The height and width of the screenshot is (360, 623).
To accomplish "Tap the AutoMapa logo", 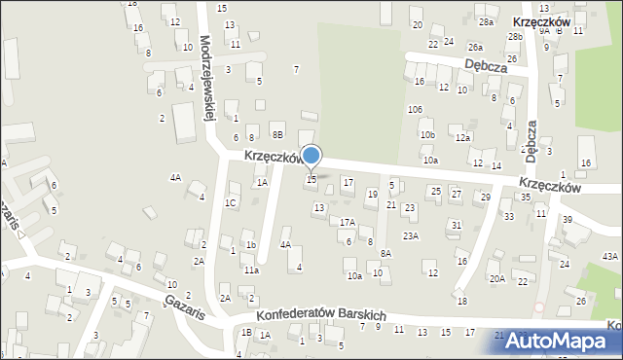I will pyautogui.click(x=562, y=342).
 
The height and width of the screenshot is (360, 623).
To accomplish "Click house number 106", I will pyautogui.click(x=415, y=108).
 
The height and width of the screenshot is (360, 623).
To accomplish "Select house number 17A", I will pyautogui.click(x=347, y=222).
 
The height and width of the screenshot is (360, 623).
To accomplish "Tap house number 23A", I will pyautogui.click(x=411, y=235).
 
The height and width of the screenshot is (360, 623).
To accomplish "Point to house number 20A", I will pyautogui.click(x=496, y=278).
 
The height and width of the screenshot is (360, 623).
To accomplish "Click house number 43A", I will pyautogui.click(x=609, y=255).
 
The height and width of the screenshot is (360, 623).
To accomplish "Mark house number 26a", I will pyautogui.click(x=475, y=47).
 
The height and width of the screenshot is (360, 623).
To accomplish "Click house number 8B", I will pyautogui.click(x=277, y=134).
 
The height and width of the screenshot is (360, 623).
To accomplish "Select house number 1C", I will pyautogui.click(x=230, y=202).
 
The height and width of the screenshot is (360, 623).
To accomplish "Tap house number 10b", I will pyautogui.click(x=426, y=134).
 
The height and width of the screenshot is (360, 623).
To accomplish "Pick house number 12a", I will pyautogui.click(x=464, y=137).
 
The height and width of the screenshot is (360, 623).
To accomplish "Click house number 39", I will pyautogui.click(x=568, y=220).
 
